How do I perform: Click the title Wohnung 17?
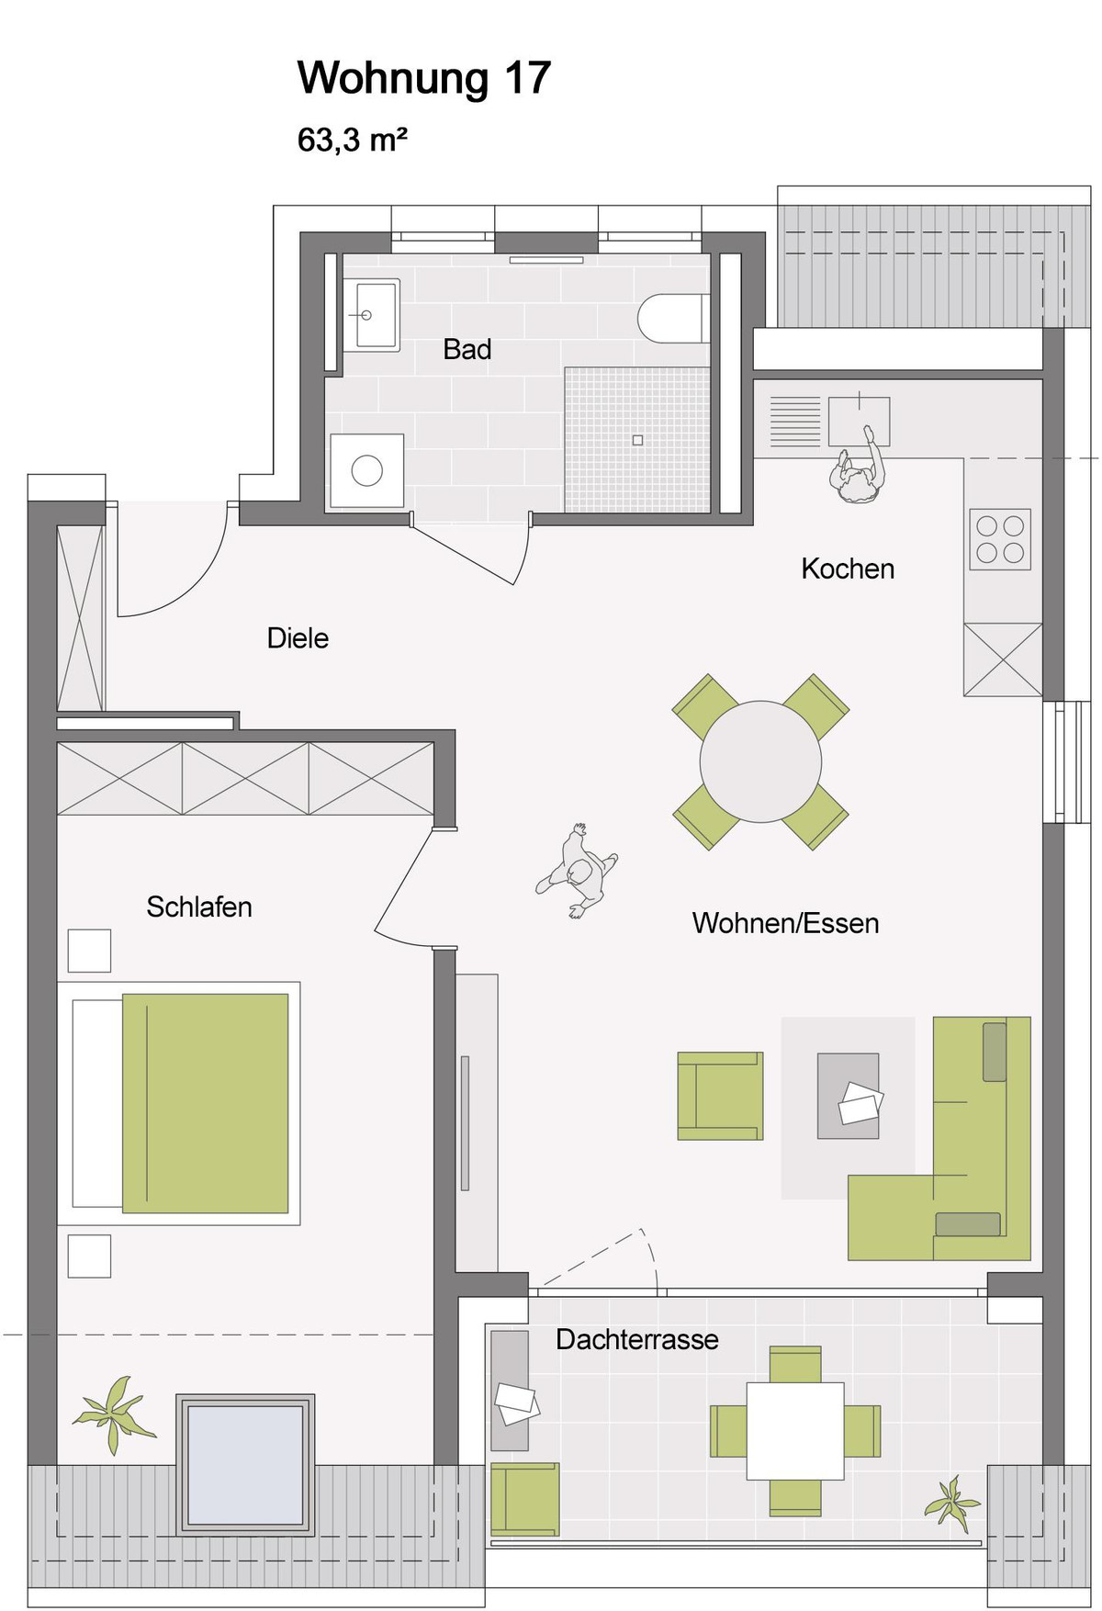pyautogui.click(x=423, y=79)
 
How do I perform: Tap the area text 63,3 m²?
pyautogui.click(x=352, y=141)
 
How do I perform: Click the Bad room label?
pyautogui.click(x=467, y=349)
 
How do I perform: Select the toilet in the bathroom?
pyautogui.click(x=674, y=318)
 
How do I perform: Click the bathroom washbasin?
pyautogui.click(x=372, y=315)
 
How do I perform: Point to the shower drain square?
pyautogui.click(x=637, y=440)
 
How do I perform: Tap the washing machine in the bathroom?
pyautogui.click(x=367, y=470)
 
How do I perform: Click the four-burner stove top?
pyautogui.click(x=1000, y=539)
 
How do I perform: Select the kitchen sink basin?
pyautogui.click(x=859, y=422)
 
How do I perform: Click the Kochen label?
pyautogui.click(x=848, y=569)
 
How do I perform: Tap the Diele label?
pyautogui.click(x=298, y=638)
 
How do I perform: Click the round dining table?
pyautogui.click(x=760, y=761)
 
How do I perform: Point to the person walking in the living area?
pyautogui.click(x=578, y=872)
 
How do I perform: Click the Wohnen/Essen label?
pyautogui.click(x=785, y=923)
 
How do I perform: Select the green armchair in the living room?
pyautogui.click(x=720, y=1096)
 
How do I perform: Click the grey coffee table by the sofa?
pyautogui.click(x=848, y=1096)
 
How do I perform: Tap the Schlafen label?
pyautogui.click(x=199, y=907)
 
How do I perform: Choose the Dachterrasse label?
pyautogui.click(x=637, y=1339)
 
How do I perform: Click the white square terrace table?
pyautogui.click(x=795, y=1431)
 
